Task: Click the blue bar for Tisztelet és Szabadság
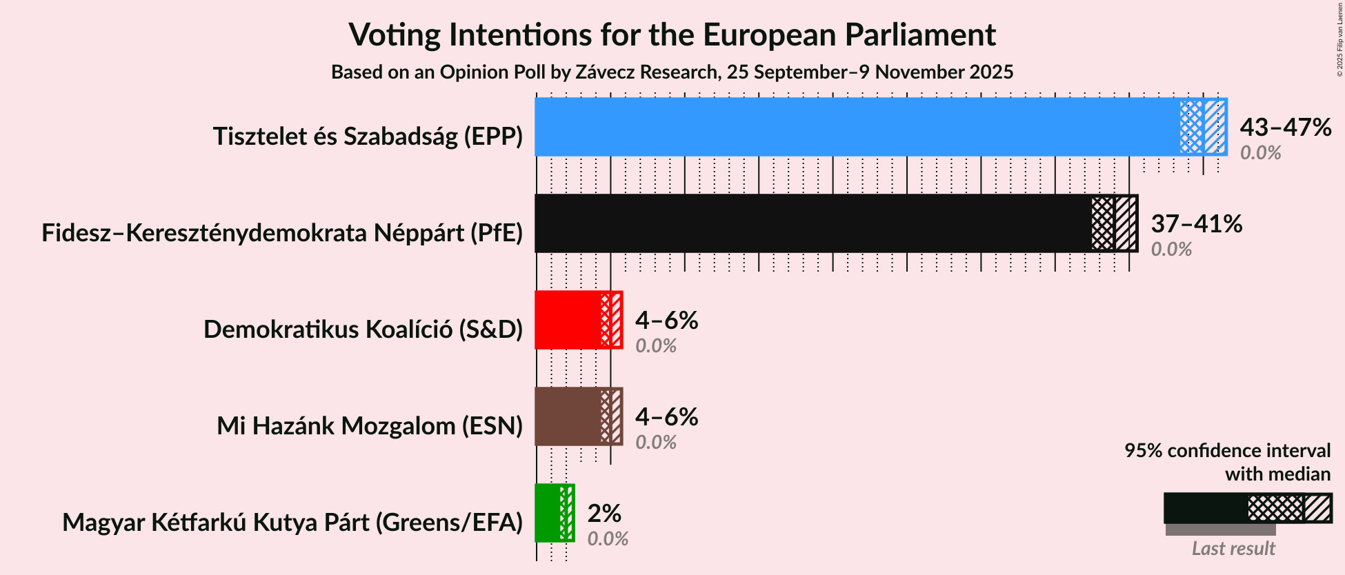coord(855,127)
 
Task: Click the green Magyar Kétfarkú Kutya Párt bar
coord(548,513)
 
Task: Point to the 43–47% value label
coord(1285,128)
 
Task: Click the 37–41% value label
coord(1196,224)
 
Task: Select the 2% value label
coord(604,514)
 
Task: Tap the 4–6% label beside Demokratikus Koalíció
coord(666,321)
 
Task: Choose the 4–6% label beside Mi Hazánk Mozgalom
coord(666,417)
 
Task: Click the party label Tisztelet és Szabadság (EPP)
coord(368,137)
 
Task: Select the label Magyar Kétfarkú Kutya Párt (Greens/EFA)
coord(292,523)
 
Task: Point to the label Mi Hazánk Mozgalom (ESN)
coord(370,426)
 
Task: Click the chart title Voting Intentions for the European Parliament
coord(672,34)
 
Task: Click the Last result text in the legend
coord(1233,549)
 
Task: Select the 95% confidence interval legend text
coord(1227,451)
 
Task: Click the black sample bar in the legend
coord(1206,508)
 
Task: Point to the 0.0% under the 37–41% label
coord(1171,250)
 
